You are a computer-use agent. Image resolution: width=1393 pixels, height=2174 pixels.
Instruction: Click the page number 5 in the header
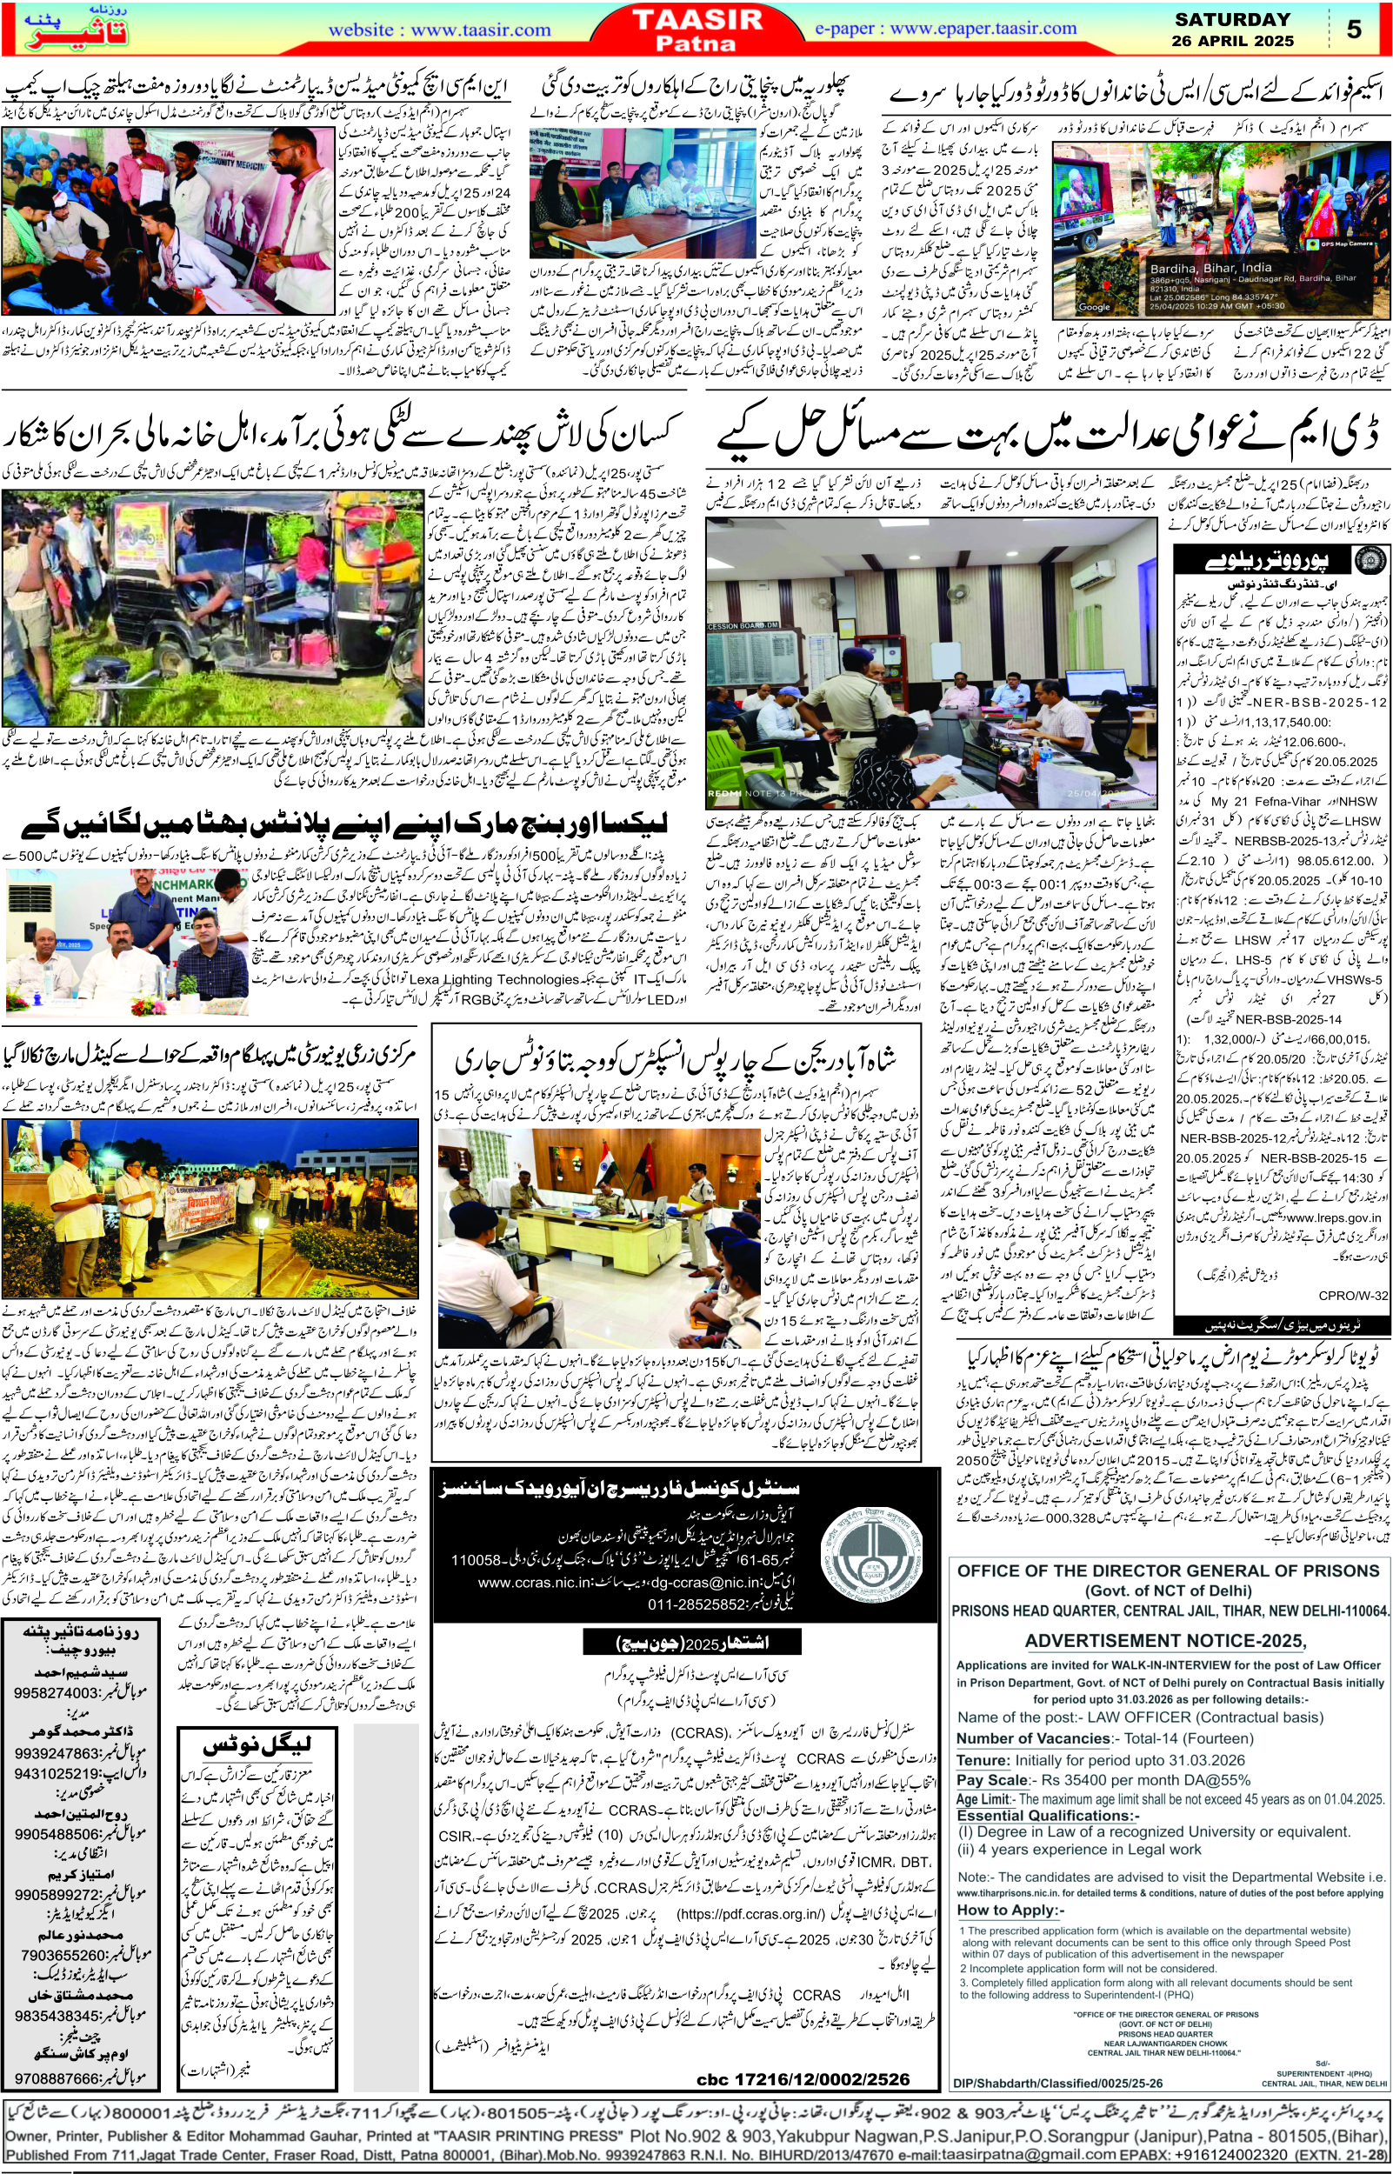1353,29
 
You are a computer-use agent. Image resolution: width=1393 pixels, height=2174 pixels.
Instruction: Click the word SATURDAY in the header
1232,19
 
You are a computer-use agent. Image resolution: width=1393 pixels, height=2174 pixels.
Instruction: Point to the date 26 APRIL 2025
1232,41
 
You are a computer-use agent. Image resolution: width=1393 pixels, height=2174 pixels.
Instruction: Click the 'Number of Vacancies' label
1033,1738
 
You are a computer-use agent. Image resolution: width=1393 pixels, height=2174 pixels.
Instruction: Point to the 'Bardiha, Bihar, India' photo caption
1210,269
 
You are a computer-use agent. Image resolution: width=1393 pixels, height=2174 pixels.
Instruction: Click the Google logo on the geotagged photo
1093,307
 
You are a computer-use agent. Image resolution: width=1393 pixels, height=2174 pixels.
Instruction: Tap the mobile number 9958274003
55,1692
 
